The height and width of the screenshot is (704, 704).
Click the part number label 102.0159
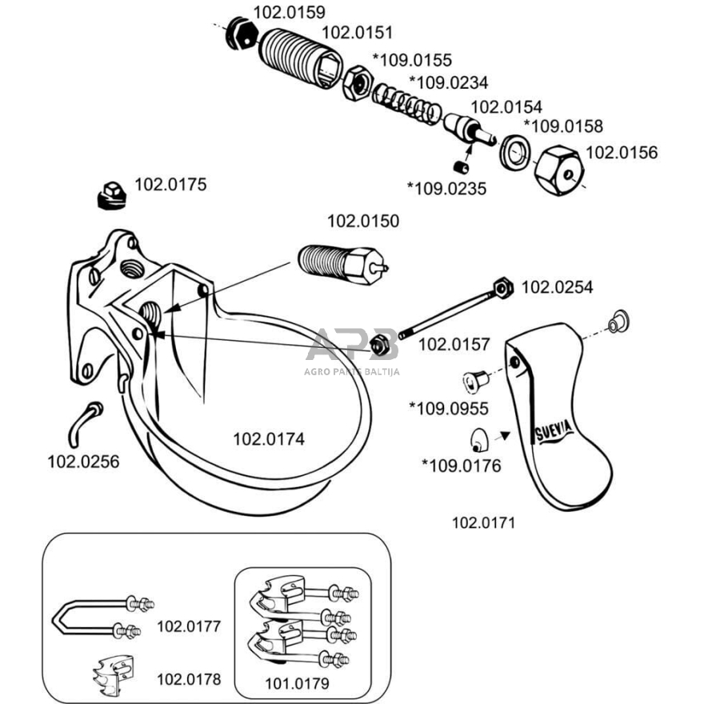pos(289,12)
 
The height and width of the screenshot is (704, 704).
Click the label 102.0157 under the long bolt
pos(454,345)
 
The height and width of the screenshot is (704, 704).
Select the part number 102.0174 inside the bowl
pos(268,438)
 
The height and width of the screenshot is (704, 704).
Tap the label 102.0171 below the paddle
pos(483,523)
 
